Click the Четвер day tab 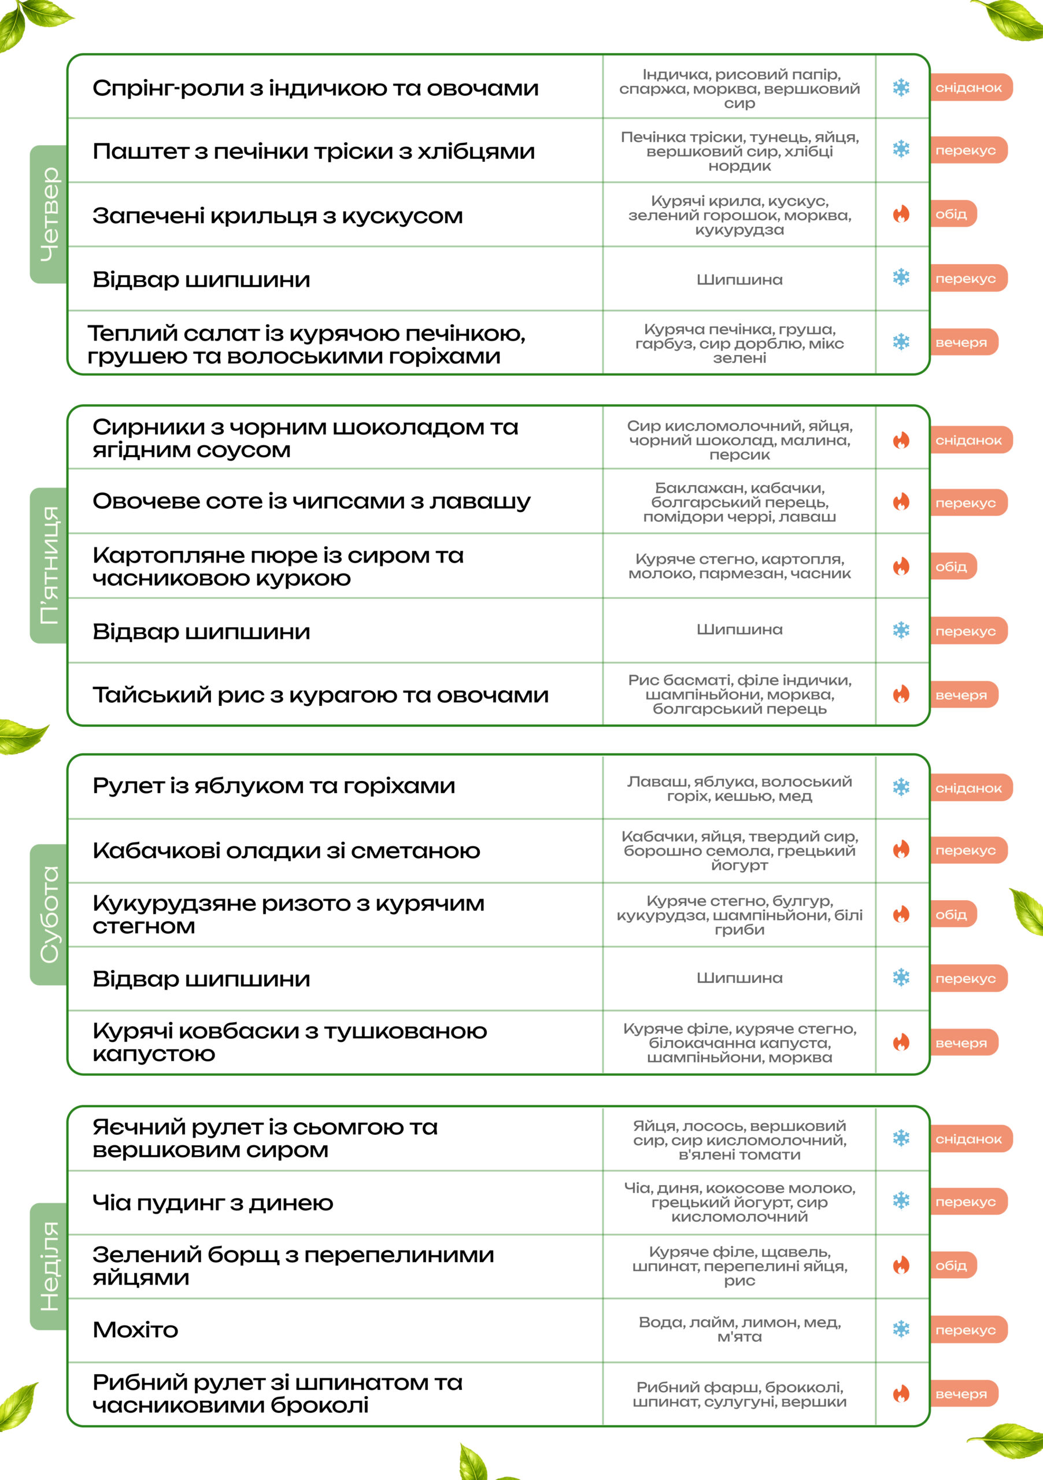[49, 214]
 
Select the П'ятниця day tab [49, 565]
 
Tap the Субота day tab [49, 914]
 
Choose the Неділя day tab [49, 1266]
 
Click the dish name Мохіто [135, 1330]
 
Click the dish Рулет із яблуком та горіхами [274, 786]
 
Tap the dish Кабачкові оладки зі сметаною [286, 851]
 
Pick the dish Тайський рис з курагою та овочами [320, 695]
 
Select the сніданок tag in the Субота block [970, 788]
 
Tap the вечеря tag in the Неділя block [963, 1394]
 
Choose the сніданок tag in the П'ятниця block [970, 441]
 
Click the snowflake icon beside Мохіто [901, 1329]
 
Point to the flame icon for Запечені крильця [901, 214]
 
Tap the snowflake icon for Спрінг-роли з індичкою [901, 87]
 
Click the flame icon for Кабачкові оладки [901, 850]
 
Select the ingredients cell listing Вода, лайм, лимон [739, 1329]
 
